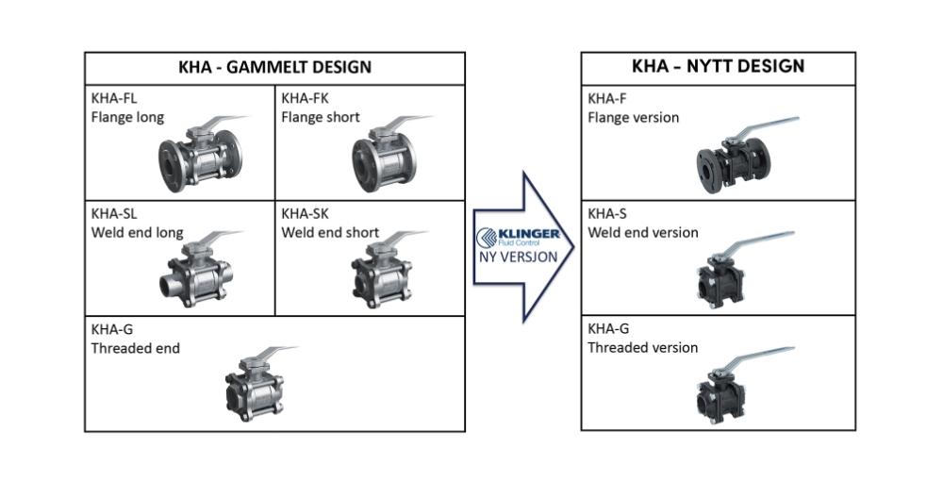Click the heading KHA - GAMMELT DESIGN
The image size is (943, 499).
coord(274,67)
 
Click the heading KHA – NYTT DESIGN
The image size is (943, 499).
coord(718,66)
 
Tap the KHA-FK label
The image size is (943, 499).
coord(304,97)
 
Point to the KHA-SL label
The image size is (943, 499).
coord(113,213)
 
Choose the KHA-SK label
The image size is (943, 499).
coord(304,213)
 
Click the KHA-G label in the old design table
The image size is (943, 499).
coord(110,329)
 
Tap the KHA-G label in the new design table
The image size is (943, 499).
coord(607,329)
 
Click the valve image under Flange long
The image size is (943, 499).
coord(199,157)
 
